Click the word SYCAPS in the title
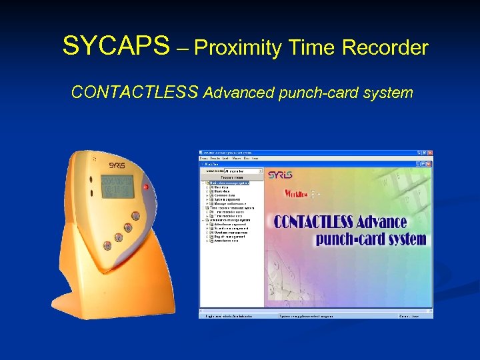coord(116,47)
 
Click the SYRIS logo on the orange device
coord(118,164)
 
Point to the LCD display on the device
coord(117,187)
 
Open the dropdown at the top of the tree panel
coord(259,171)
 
